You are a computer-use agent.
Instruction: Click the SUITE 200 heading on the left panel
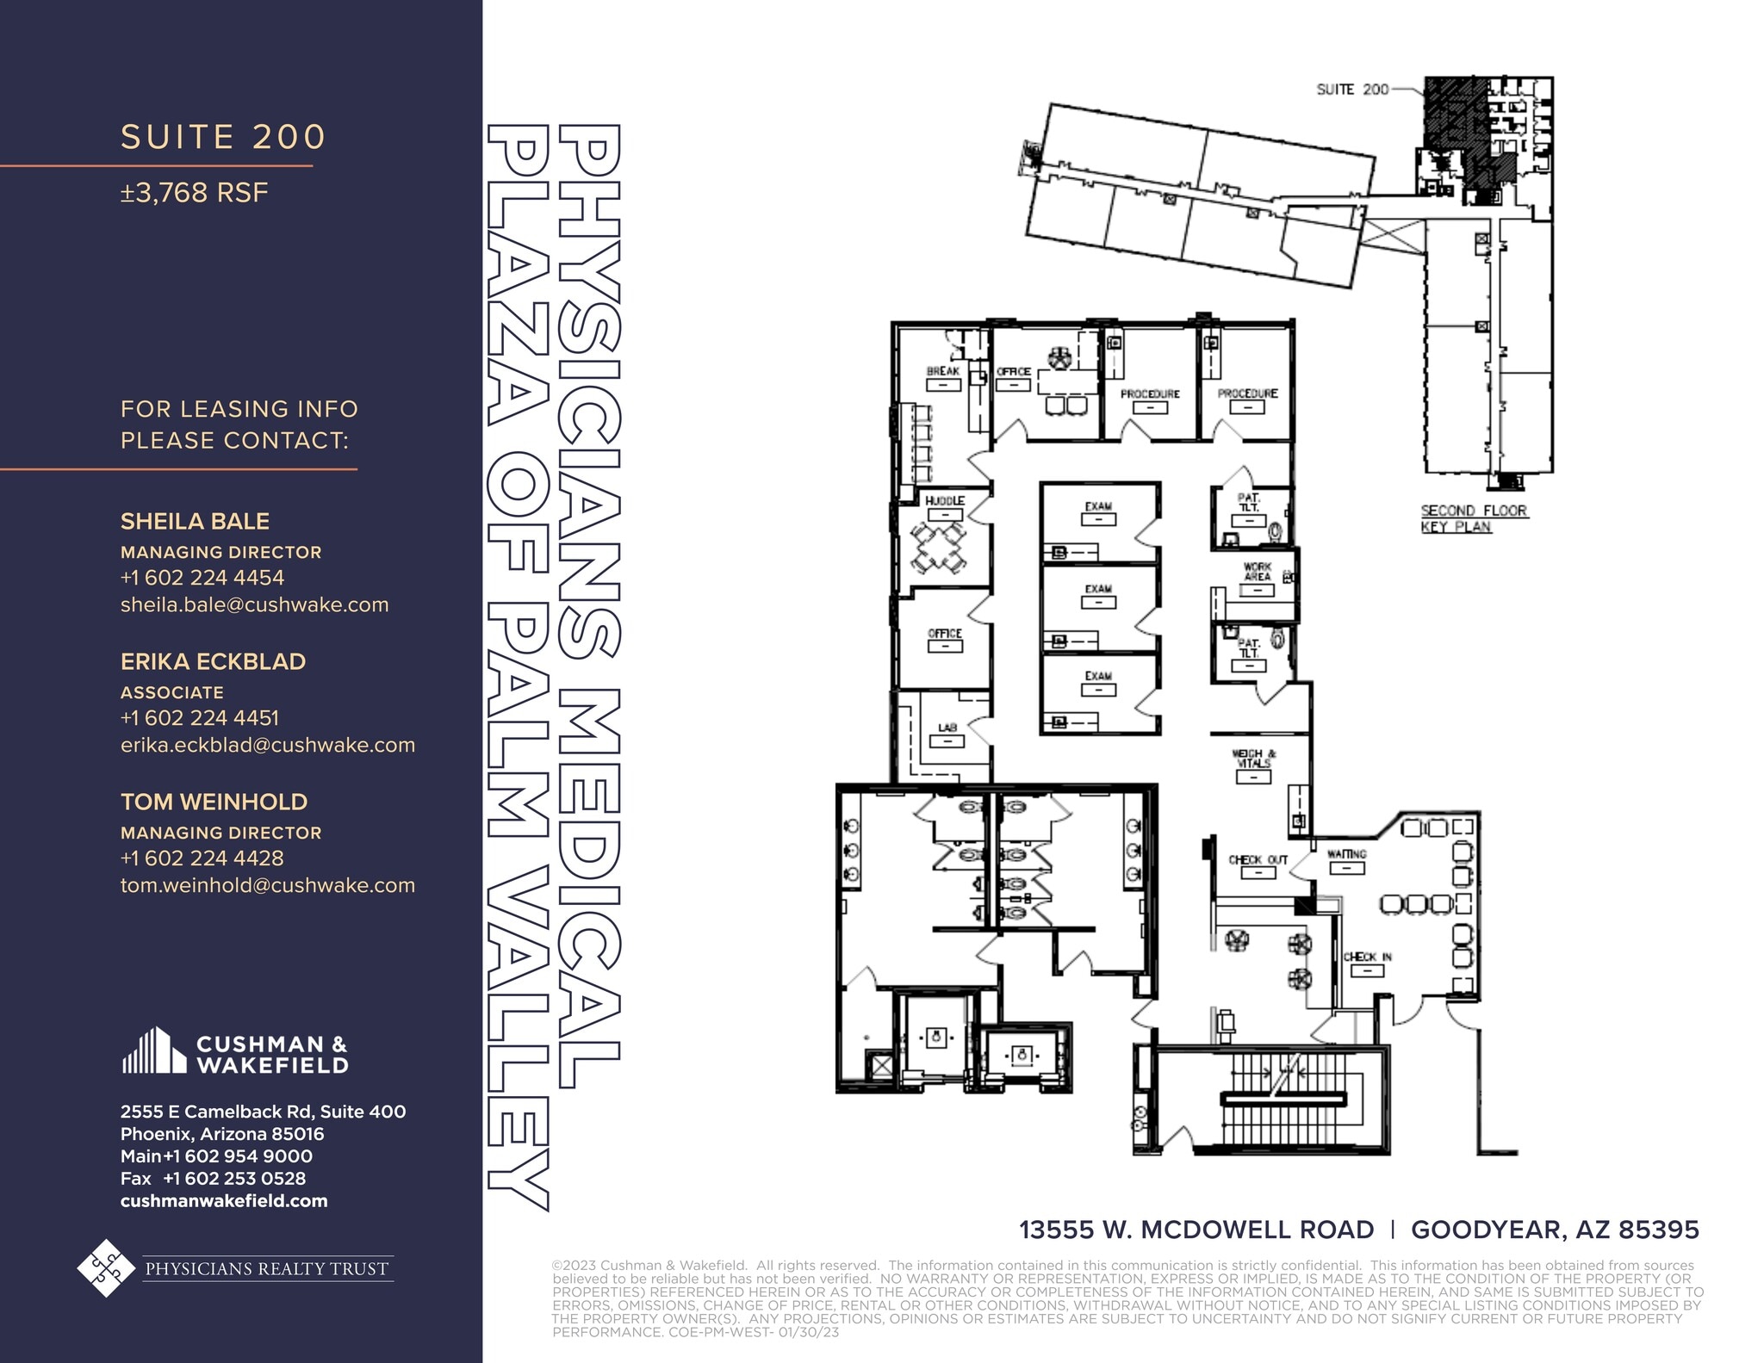[223, 138]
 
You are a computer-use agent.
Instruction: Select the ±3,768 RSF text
[195, 193]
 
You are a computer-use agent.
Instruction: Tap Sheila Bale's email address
[254, 604]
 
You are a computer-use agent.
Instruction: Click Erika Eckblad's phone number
[199, 717]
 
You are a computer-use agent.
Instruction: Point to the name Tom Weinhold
[214, 802]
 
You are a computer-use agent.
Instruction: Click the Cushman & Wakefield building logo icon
[153, 1050]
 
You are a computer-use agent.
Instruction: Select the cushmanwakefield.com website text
[224, 1200]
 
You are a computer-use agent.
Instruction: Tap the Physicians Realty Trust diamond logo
[106, 1267]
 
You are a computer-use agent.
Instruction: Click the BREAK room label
[942, 371]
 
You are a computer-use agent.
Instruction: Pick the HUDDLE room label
[944, 500]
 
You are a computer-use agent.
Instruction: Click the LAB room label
[947, 728]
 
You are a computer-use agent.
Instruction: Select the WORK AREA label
[1257, 572]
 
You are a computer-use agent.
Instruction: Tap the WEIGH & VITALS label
[1253, 759]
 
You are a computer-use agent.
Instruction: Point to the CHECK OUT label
[1258, 859]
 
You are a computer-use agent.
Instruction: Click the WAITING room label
[1346, 854]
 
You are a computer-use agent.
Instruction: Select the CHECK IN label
[1367, 957]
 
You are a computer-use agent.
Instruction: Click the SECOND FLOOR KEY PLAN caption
[1473, 518]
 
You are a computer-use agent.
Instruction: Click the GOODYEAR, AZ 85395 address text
[1555, 1230]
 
